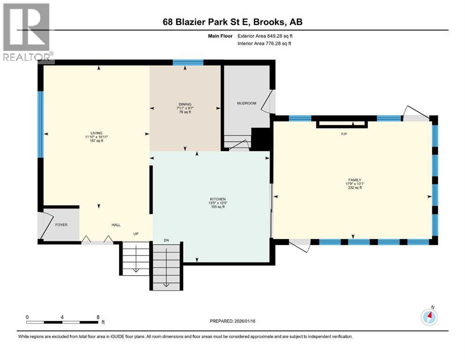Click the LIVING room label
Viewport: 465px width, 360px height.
[97, 133]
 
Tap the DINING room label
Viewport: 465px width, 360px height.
[185, 104]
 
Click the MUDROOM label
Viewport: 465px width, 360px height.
[246, 103]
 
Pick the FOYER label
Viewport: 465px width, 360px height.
[61, 225]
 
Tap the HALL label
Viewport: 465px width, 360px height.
[116, 225]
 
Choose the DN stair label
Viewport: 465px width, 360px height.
[166, 240]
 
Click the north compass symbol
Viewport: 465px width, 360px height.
[428, 317]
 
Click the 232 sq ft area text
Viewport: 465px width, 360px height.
[354, 187]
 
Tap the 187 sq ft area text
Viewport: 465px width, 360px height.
[97, 141]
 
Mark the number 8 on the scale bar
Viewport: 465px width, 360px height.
[97, 317]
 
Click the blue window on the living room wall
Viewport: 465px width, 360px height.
[40, 124]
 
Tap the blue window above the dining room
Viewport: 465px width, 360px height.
[188, 62]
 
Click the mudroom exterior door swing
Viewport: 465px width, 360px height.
[268, 102]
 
